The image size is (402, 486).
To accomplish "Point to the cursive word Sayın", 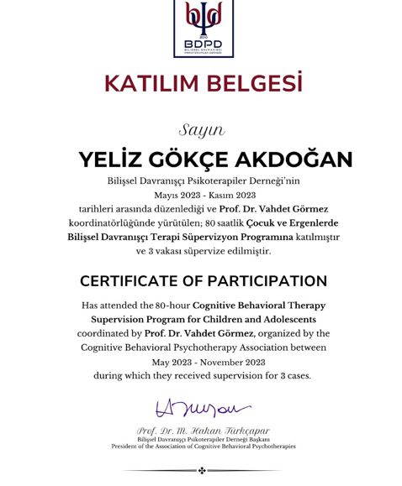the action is (x=201, y=130).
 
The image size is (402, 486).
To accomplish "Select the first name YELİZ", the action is (x=115, y=159).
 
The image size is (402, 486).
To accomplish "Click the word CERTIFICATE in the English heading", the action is (x=137, y=280).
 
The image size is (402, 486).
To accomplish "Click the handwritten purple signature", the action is (x=203, y=410).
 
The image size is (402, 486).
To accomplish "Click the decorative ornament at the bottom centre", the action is (x=201, y=470).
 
